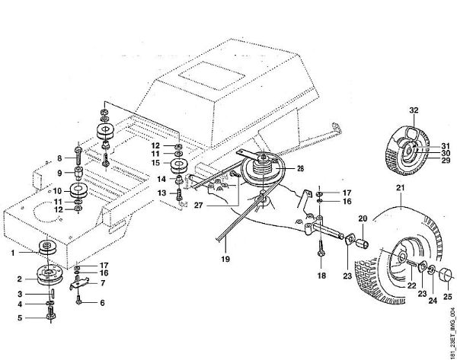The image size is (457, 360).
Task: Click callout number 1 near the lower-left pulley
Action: (12, 251)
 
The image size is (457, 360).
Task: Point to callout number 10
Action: (56, 190)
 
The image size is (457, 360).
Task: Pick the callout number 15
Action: (155, 162)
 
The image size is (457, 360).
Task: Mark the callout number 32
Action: (414, 111)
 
